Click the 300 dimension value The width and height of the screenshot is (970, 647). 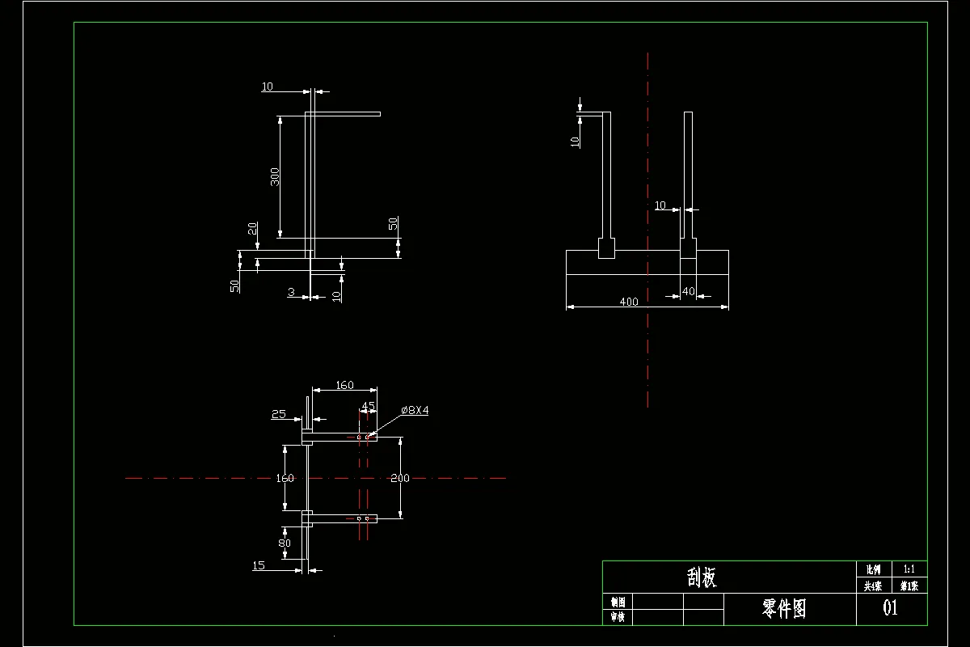tap(275, 176)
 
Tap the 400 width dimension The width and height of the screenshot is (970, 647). tap(628, 302)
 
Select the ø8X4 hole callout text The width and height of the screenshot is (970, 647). tap(415, 410)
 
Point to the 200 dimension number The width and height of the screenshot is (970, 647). tap(399, 478)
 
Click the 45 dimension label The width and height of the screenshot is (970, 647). tap(368, 406)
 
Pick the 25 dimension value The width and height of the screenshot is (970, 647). tap(279, 414)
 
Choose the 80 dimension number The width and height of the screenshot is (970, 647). tap(285, 543)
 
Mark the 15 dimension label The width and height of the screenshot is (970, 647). tap(259, 565)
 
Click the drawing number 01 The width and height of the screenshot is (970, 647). tap(890, 608)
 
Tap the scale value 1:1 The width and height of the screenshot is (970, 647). tap(909, 569)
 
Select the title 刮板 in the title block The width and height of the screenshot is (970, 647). tap(702, 577)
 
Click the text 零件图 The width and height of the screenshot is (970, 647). tap(784, 608)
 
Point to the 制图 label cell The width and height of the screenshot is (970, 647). tap(618, 602)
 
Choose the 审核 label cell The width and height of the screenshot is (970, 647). tap(618, 617)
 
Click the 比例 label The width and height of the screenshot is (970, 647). tap(872, 569)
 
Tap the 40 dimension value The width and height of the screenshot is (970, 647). tap(688, 291)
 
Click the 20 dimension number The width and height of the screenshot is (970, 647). tap(253, 229)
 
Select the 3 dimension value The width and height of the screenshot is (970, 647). tap(291, 292)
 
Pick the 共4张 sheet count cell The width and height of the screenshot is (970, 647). tap(872, 586)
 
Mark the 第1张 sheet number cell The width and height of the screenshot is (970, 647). tap(909, 586)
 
